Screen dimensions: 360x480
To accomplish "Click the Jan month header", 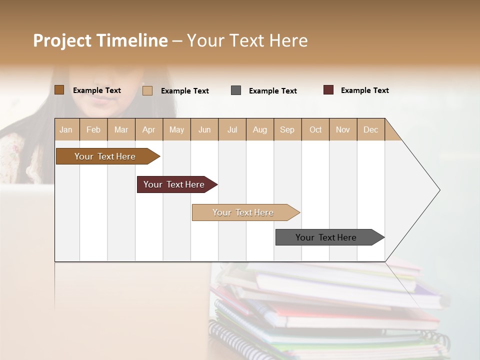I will click(66, 129).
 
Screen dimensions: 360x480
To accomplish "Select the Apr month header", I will click(149, 129).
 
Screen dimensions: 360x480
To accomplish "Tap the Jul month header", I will click(232, 129).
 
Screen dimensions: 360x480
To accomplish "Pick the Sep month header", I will click(287, 129).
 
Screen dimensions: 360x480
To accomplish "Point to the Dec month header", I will click(370, 129).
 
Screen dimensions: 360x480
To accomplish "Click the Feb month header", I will click(93, 129).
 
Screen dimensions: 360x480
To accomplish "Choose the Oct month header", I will click(315, 129).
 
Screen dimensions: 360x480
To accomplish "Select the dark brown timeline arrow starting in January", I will click(105, 156).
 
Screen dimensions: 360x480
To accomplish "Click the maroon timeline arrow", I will click(174, 184).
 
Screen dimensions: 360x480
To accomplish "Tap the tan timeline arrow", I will click(243, 212).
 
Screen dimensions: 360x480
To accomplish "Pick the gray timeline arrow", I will click(326, 237).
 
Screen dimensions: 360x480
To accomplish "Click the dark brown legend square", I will click(59, 90).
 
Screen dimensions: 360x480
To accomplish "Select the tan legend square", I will click(147, 90).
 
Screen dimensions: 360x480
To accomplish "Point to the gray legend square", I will click(236, 90).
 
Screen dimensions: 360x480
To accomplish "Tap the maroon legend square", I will click(328, 90).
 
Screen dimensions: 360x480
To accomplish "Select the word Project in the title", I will click(62, 40).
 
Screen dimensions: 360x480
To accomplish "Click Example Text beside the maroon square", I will click(364, 90).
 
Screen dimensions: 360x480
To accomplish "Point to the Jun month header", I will click(204, 129).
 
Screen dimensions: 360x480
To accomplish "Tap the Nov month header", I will click(343, 129).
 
